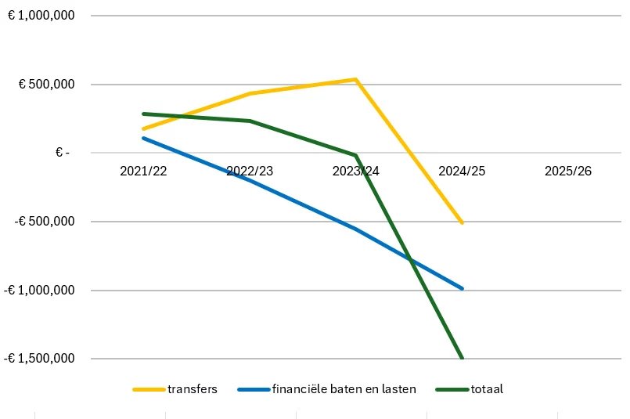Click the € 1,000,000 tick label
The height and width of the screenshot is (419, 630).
pos(41,16)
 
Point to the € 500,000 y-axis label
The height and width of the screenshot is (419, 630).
pos(47,84)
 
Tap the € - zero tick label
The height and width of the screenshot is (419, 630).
pos(63,153)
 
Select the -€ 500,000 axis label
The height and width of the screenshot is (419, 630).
pos(45,221)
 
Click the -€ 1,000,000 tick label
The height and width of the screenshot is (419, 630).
pos(39,290)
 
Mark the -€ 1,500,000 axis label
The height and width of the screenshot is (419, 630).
pos(39,358)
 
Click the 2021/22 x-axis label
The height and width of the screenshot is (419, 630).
pos(143,171)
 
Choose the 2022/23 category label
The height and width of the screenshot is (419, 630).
pos(250,171)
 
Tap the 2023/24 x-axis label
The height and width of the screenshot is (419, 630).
pos(355,171)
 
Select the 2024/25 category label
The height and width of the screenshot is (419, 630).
pos(462,171)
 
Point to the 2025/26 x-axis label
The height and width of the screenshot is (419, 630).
pos(568,171)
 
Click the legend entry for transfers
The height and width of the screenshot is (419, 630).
pos(175,389)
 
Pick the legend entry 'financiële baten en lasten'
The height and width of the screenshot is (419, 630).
pos(327,389)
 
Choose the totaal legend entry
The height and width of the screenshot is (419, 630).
pos(470,389)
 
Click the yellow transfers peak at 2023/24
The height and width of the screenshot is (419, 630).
pos(355,79)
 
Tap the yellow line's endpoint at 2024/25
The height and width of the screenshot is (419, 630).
pos(462,222)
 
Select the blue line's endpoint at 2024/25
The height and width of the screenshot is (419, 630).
pos(462,288)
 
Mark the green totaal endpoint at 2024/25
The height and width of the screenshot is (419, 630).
pos(462,357)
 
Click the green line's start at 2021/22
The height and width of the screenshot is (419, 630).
pos(143,114)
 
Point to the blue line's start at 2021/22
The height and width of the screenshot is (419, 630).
pos(143,138)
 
